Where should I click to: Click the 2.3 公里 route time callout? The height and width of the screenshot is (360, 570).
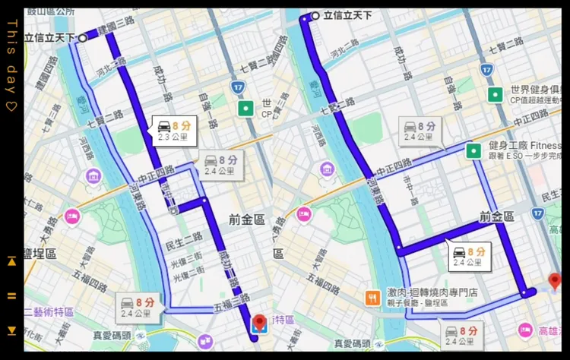(171, 131)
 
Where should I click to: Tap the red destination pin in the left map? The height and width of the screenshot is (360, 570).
(259, 323)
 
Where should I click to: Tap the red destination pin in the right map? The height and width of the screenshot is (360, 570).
(554, 281)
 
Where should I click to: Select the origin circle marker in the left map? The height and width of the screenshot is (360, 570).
(83, 36)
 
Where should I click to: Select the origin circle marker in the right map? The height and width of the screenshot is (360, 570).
(315, 15)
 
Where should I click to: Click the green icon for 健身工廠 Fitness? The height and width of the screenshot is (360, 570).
(473, 150)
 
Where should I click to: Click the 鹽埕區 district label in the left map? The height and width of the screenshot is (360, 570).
(40, 254)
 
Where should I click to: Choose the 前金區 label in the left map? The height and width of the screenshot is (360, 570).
(246, 219)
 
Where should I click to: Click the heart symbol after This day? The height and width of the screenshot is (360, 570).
(11, 106)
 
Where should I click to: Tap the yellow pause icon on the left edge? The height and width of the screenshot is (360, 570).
(11, 295)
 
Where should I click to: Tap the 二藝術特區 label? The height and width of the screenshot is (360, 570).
(49, 311)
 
